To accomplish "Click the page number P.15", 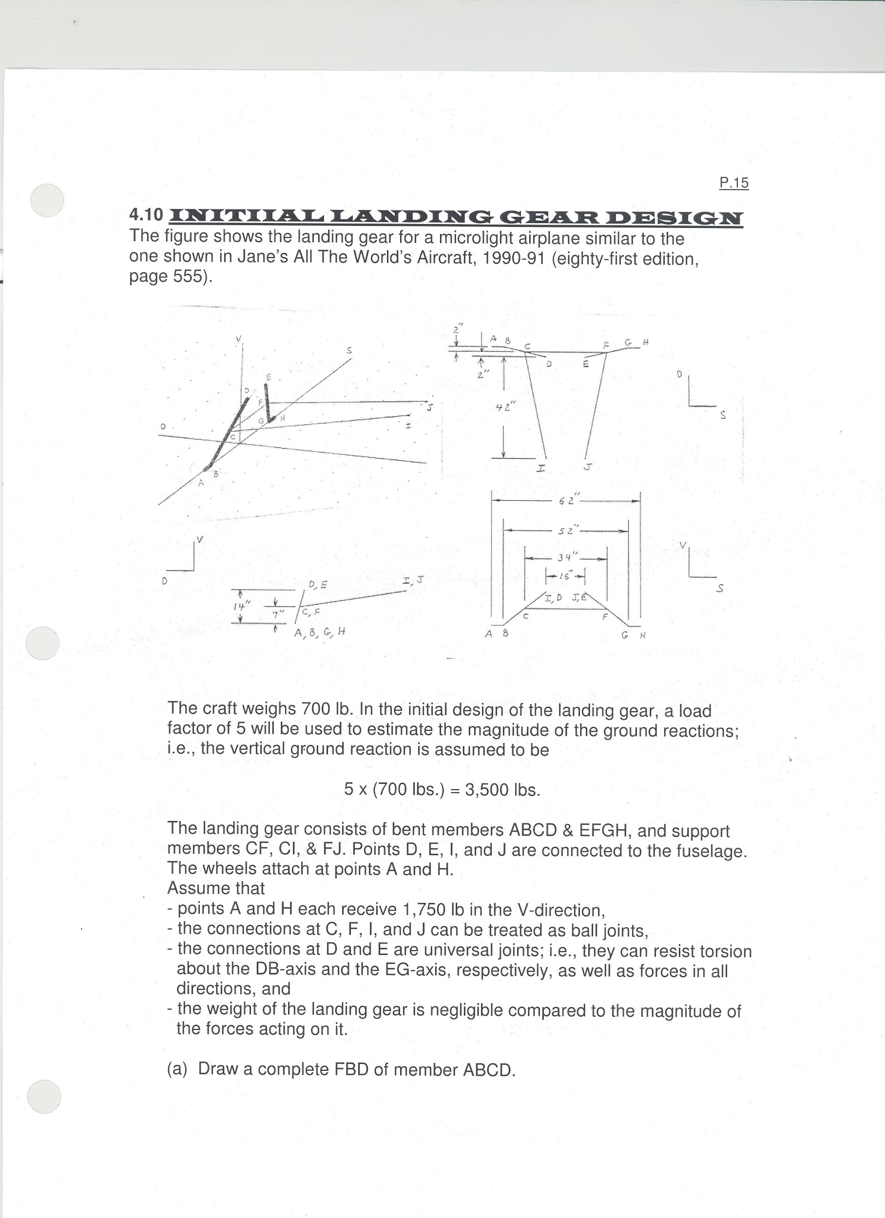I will [733, 183].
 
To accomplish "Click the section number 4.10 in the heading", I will [146, 215].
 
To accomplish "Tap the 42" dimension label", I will [505, 408].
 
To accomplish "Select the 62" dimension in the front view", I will [566, 500].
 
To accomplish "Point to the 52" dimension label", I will [566, 531].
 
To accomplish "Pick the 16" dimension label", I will [565, 576].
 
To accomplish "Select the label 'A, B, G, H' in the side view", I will [319, 633].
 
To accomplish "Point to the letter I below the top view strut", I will [540, 469].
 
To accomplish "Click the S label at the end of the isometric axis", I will [349, 351].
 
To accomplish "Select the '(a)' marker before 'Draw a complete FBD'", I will [177, 1069].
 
